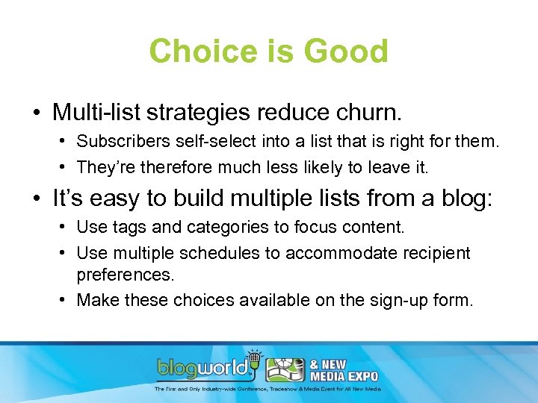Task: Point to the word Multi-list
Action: pyautogui.click(x=93, y=112)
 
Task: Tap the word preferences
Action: pyautogui.click(x=125, y=274)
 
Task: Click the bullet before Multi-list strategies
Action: pyautogui.click(x=37, y=113)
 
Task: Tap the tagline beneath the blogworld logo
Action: pyautogui.click(x=268, y=389)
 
